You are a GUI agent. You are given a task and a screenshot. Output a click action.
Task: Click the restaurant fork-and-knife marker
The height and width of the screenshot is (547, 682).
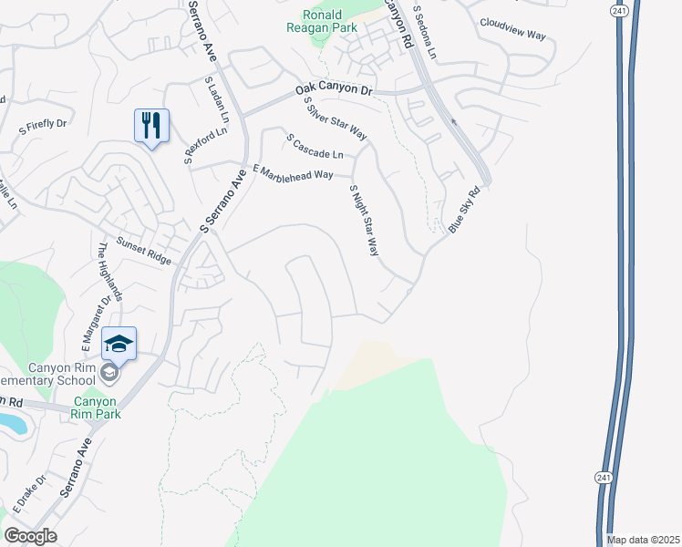tap(151, 125)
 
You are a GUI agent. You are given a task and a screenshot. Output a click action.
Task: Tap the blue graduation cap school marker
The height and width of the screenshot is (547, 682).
tap(119, 344)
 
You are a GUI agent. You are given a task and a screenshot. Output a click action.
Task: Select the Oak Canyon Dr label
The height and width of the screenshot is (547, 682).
tap(335, 91)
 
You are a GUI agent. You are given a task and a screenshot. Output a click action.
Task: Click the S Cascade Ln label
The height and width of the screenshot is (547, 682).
tap(315, 146)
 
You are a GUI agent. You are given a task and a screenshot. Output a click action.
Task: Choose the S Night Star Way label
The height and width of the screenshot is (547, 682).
tap(364, 220)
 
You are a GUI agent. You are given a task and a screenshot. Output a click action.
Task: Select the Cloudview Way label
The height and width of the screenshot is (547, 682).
tap(511, 28)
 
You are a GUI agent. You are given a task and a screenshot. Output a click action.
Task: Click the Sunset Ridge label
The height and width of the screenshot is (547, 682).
tap(143, 251)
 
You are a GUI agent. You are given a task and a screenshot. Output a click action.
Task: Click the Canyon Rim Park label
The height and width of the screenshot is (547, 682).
tap(96, 408)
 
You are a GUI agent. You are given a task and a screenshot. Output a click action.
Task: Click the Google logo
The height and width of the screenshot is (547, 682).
tap(30, 535)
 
